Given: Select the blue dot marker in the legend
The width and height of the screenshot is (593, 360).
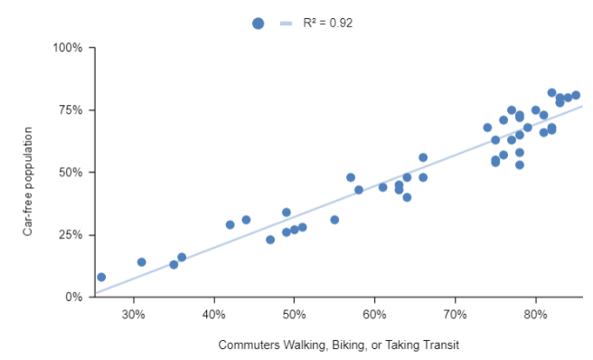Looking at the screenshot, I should (259, 24).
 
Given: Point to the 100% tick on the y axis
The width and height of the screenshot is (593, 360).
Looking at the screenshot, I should (70, 47).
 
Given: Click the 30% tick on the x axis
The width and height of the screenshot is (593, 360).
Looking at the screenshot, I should (134, 314).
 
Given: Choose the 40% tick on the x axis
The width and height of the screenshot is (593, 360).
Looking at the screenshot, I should (214, 314).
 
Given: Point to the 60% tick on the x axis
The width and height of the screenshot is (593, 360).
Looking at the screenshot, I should (375, 314).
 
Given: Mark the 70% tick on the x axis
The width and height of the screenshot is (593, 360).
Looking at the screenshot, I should (456, 314).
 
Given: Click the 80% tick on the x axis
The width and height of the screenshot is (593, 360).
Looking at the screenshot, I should (535, 314).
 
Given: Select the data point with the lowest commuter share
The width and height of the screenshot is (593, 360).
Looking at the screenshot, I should (101, 277).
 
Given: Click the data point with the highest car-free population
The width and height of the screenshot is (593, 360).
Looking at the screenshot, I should (551, 92).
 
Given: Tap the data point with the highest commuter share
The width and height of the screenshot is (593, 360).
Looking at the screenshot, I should (576, 95).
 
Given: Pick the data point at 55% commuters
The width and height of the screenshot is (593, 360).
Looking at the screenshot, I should (334, 220).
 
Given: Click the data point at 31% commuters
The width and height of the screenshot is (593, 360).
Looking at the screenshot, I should (141, 262).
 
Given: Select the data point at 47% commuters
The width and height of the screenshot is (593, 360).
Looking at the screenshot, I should (270, 240).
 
